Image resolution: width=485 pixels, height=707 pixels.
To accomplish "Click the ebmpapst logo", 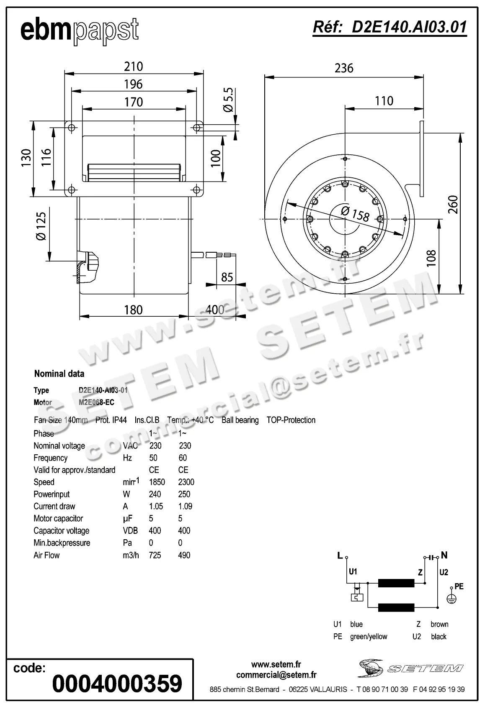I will coord(80,31).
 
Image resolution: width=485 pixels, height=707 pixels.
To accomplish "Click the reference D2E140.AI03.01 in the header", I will coord(390,27).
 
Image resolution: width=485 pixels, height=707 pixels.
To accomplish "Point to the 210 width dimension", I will coord(134,67).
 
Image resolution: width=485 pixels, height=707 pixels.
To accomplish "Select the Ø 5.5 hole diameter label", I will coord(229,100).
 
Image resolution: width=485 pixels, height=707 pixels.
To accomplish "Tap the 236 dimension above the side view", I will coord(344,68).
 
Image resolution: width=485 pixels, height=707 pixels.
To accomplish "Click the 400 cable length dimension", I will coord(215,310).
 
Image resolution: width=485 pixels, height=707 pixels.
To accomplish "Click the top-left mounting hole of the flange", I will coord(71,128).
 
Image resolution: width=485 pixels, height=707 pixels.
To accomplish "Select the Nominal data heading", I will coord(59,374).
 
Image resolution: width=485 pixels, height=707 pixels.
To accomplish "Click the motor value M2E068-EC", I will coord(96,402).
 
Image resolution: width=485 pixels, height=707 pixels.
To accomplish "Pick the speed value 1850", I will coord(157,482).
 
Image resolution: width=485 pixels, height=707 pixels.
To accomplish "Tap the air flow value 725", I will coord(155,555).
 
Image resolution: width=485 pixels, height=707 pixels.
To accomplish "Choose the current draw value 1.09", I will coord(185,506).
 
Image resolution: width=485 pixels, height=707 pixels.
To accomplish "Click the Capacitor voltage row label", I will coord(62,530).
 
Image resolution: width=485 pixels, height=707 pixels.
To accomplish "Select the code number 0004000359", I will coord(117,684).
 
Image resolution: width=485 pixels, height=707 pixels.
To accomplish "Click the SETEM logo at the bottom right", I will coord(410,669).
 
